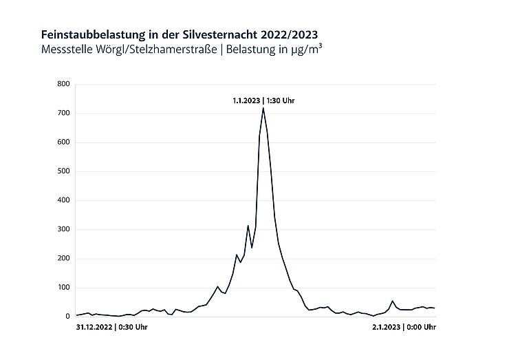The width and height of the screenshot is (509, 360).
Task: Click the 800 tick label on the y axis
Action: pyautogui.click(x=64, y=85)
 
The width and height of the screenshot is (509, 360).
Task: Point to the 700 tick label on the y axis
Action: pyautogui.click(x=64, y=114)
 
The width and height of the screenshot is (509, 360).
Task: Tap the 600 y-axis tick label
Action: pyautogui.click(x=64, y=142)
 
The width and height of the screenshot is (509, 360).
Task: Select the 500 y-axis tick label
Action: pyautogui.click(x=64, y=171)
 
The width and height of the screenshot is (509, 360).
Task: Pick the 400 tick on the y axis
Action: pyautogui.click(x=64, y=201)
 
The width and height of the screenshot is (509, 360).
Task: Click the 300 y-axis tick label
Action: pyautogui.click(x=64, y=230)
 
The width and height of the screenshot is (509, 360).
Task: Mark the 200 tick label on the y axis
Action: pyautogui.click(x=64, y=259)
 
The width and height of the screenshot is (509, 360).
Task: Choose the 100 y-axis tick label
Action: pyautogui.click(x=64, y=288)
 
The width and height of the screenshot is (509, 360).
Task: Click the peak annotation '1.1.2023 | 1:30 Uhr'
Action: pyautogui.click(x=263, y=100)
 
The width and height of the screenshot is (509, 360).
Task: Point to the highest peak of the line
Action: pyautogui.click(x=263, y=108)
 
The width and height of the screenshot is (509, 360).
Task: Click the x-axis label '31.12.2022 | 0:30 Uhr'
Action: pyautogui.click(x=111, y=328)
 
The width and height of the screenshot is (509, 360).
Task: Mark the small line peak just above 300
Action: pyautogui.click(x=248, y=226)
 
